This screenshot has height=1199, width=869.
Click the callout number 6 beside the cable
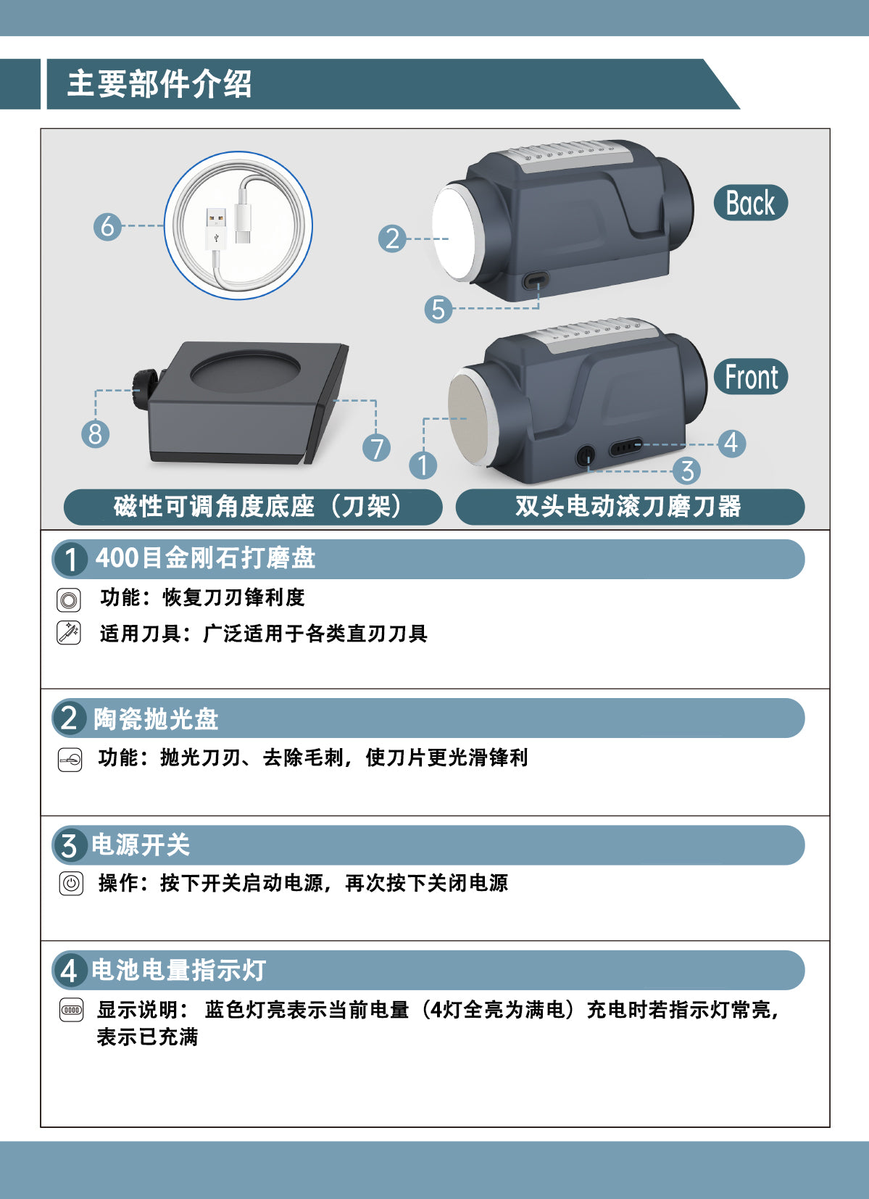107,226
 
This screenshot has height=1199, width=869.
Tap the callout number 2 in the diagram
392,238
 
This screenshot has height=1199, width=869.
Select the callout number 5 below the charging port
438,310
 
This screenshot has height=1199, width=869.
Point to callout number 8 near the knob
95,433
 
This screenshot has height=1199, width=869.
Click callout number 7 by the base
376,448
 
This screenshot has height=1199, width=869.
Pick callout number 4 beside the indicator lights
731,443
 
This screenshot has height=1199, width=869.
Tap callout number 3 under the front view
688,471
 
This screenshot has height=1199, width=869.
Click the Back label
751,203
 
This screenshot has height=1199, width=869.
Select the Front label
751,377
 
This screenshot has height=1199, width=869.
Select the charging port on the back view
536,279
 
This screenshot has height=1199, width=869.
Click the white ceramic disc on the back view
455,232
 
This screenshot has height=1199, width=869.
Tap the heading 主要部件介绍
159,84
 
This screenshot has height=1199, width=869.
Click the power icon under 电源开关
71,883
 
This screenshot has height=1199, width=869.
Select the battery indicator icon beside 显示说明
71,1010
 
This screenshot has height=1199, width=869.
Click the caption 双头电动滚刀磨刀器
628,507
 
